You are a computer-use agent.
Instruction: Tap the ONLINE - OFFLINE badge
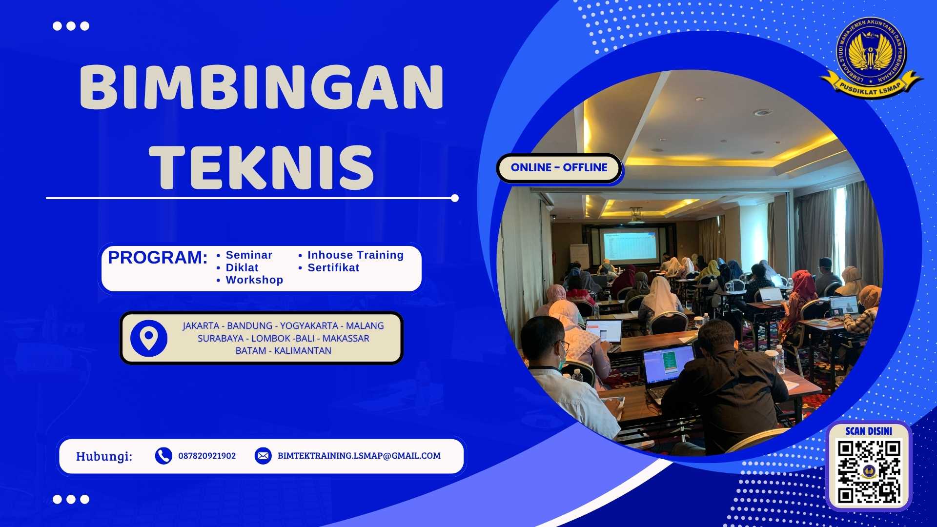coord(559,168)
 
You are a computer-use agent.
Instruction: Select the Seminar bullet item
coord(248,255)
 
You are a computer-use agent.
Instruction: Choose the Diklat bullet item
coord(242,268)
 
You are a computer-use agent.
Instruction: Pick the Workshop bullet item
coord(254,280)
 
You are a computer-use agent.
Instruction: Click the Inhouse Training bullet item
coord(355,255)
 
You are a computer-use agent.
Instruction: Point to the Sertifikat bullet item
coord(333,268)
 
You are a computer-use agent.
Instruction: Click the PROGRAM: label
coord(158,258)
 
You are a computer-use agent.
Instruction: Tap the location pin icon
coord(149,338)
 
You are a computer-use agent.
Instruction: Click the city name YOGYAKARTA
coord(309,326)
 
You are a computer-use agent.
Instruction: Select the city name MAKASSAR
coord(346,339)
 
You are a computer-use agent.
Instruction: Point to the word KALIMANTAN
coord(303,351)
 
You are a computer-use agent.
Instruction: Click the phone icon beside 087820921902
coord(163,456)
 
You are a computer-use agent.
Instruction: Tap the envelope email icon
coord(263,456)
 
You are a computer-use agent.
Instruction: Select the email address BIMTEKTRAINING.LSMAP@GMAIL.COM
coord(359,456)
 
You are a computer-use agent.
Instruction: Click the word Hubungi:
coord(104,457)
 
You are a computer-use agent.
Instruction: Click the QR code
coord(869,471)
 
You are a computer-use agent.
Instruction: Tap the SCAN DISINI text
coord(869,431)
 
